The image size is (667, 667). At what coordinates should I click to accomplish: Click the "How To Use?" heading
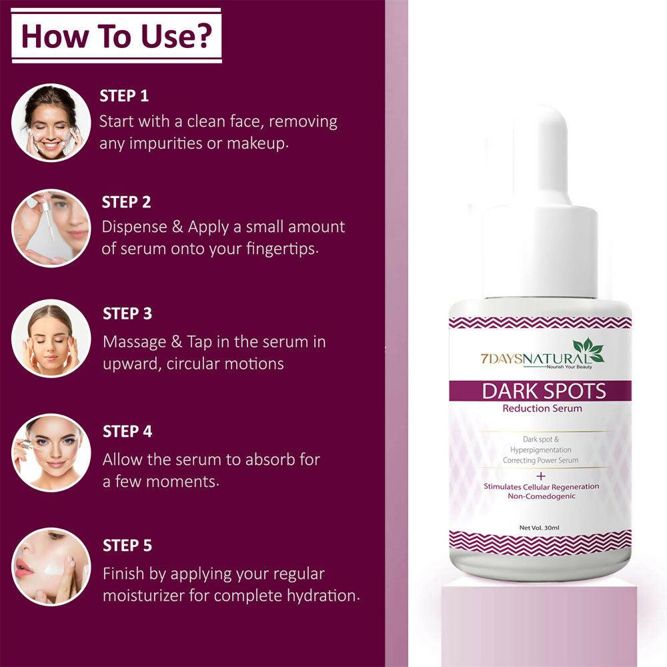116,36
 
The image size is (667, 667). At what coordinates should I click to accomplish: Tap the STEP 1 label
124,95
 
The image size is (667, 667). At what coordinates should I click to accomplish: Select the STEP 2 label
127,202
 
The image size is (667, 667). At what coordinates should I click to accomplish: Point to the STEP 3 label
127,313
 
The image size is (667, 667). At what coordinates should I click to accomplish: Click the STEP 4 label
127,432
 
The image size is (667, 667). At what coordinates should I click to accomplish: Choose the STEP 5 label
127,546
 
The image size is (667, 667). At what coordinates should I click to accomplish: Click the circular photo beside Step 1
51,123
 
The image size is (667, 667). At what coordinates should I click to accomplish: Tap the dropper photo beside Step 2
51,228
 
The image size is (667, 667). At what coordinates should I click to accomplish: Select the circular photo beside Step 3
51,338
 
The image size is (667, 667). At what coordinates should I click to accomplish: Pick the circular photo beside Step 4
51,453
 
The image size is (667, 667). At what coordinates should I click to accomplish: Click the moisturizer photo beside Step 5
51,566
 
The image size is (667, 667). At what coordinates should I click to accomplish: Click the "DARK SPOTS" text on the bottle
544,391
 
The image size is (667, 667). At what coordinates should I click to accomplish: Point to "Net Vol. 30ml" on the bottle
539,528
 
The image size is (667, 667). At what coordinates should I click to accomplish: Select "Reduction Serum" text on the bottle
542,408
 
